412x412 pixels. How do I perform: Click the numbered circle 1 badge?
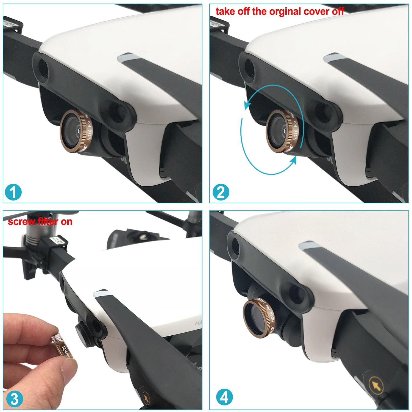[x=13, y=192]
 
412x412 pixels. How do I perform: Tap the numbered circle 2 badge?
[x=221, y=192]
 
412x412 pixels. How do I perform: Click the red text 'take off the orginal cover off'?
[x=280, y=12]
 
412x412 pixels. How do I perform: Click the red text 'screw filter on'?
[x=40, y=222]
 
